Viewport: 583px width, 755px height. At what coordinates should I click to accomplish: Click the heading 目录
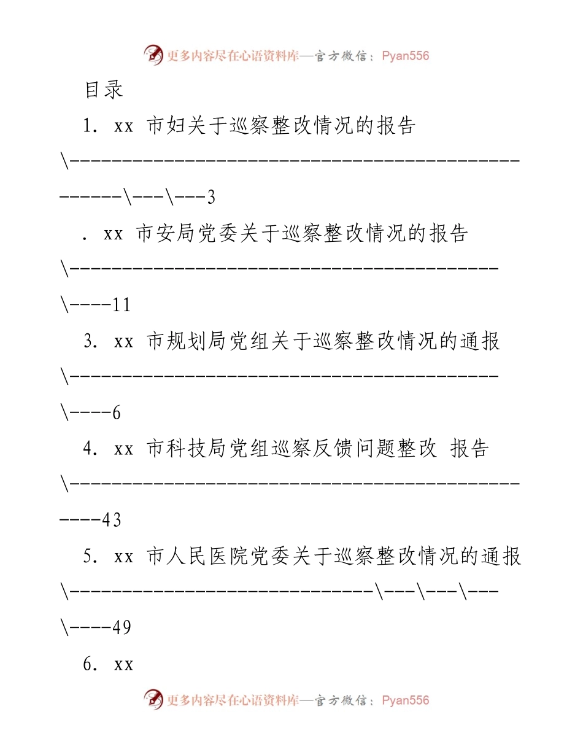click(x=104, y=90)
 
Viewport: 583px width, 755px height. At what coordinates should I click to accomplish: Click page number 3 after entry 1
click(x=211, y=198)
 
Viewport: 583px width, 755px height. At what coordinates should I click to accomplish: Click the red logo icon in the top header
click(x=153, y=55)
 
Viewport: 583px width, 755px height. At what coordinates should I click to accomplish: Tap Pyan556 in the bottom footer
click(x=405, y=700)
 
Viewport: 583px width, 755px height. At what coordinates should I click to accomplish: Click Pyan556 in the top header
click(x=405, y=56)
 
